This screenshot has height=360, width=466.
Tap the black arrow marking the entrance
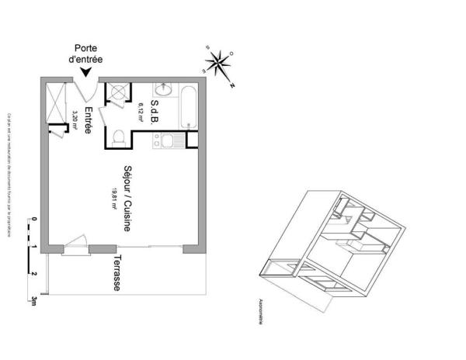click(x=86, y=71)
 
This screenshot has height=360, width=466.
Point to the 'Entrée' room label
click(x=89, y=120)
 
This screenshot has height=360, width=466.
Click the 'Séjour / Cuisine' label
click(x=127, y=199)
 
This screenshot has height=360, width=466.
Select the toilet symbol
click(x=118, y=138)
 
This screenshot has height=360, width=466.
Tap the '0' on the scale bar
click(x=34, y=220)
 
